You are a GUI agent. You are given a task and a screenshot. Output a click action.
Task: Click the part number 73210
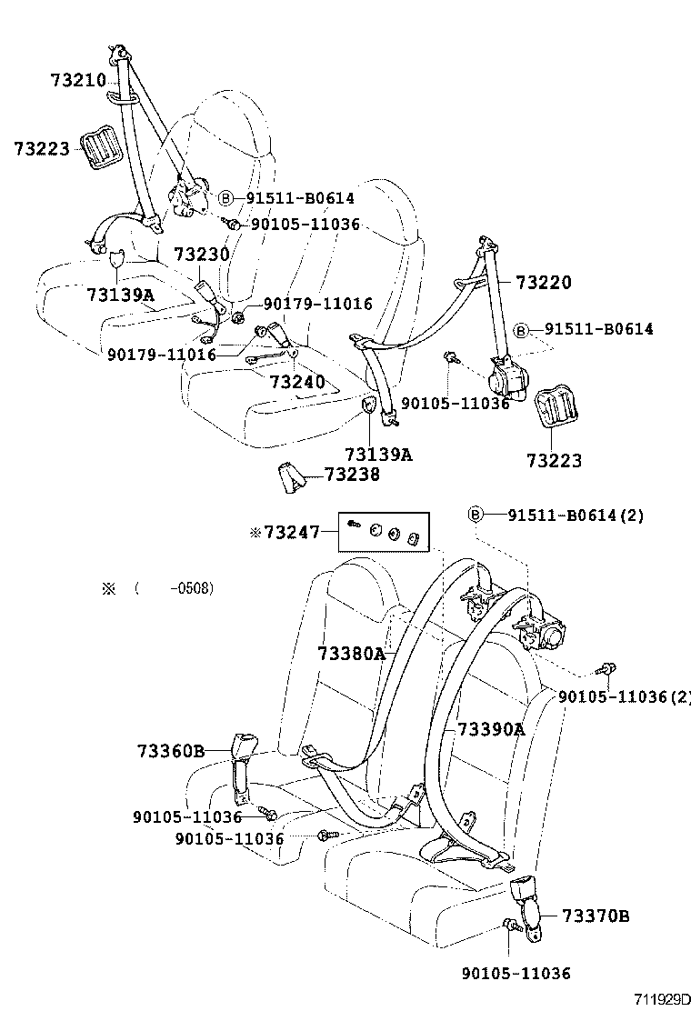tap(77, 81)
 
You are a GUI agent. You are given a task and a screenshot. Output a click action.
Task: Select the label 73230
tap(202, 255)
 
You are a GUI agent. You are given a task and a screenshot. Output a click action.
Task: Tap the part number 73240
tap(296, 381)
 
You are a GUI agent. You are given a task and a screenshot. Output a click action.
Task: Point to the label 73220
tap(544, 283)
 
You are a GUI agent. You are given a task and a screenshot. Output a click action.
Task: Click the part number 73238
tap(352, 475)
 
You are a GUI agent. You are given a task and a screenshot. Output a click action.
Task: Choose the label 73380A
tap(352, 654)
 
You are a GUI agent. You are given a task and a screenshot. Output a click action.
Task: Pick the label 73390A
tap(491, 729)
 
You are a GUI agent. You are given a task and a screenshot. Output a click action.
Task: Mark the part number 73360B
tap(172, 751)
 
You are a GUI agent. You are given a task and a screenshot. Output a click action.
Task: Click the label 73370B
tap(596, 915)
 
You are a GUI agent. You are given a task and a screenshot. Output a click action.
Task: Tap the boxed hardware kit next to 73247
tap(384, 532)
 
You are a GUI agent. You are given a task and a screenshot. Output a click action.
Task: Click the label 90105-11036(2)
tap(625, 696)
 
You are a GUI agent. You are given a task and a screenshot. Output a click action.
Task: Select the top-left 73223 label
tap(42, 147)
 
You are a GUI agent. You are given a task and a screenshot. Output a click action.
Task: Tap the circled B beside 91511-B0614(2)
tap(476, 516)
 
